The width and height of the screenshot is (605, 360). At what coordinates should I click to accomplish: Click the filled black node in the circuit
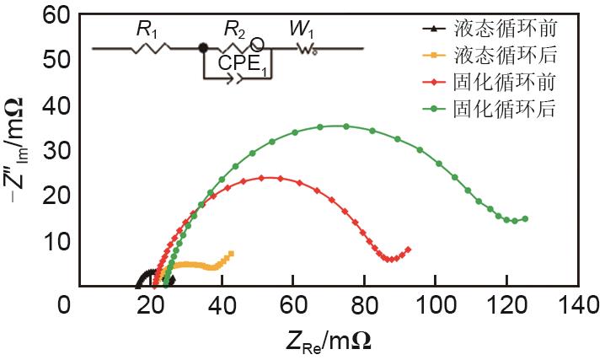coord(203,48)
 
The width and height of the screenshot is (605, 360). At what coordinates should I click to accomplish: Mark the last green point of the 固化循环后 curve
coord(525,218)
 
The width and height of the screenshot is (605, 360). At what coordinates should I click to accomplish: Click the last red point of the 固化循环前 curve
coord(408,249)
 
